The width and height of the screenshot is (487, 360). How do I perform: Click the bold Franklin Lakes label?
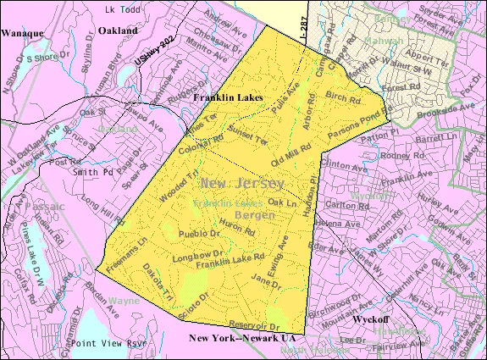pos(228,98)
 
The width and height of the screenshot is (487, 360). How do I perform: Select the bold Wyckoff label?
pos(370,323)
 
